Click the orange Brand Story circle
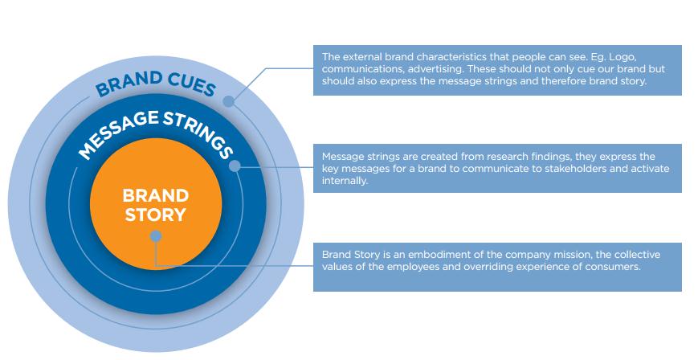pos(156,204)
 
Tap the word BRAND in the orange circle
pos(155,195)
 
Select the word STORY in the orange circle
pos(155,215)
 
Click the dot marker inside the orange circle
pos(155,236)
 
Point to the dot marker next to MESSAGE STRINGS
pos(235,166)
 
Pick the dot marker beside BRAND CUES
pos(228,101)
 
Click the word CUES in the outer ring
pos(192,84)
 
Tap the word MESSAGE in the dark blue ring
pos(117,133)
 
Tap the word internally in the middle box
pos(345,181)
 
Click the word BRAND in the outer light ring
pos(129,84)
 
